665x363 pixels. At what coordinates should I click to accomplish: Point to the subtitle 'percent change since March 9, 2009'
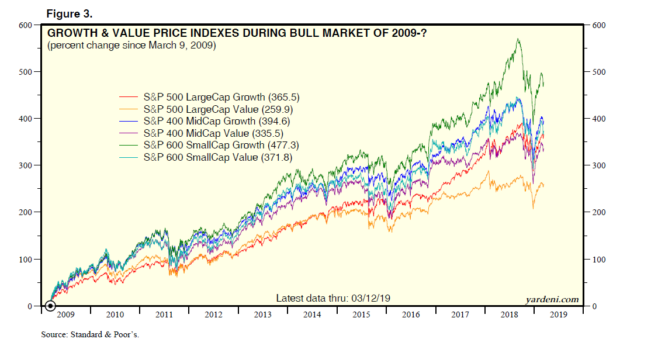click(x=131, y=45)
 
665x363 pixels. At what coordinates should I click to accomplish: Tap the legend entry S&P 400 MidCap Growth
click(x=216, y=121)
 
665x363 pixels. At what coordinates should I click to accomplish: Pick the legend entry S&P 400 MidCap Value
click(x=213, y=133)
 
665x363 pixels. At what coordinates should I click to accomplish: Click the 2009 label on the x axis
click(x=65, y=315)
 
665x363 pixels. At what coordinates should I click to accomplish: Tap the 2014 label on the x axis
click(x=313, y=315)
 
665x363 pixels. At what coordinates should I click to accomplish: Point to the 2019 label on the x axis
click(x=560, y=315)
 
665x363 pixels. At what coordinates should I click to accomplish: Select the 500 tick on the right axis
click(x=599, y=72)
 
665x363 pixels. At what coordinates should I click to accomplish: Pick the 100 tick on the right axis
click(x=599, y=259)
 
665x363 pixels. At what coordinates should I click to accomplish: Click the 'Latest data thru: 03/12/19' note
click(x=333, y=298)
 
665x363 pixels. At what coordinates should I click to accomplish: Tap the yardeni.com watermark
click(x=552, y=299)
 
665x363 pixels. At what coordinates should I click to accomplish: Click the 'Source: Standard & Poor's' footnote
click(x=90, y=335)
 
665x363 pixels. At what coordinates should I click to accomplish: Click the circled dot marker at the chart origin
click(x=50, y=306)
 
